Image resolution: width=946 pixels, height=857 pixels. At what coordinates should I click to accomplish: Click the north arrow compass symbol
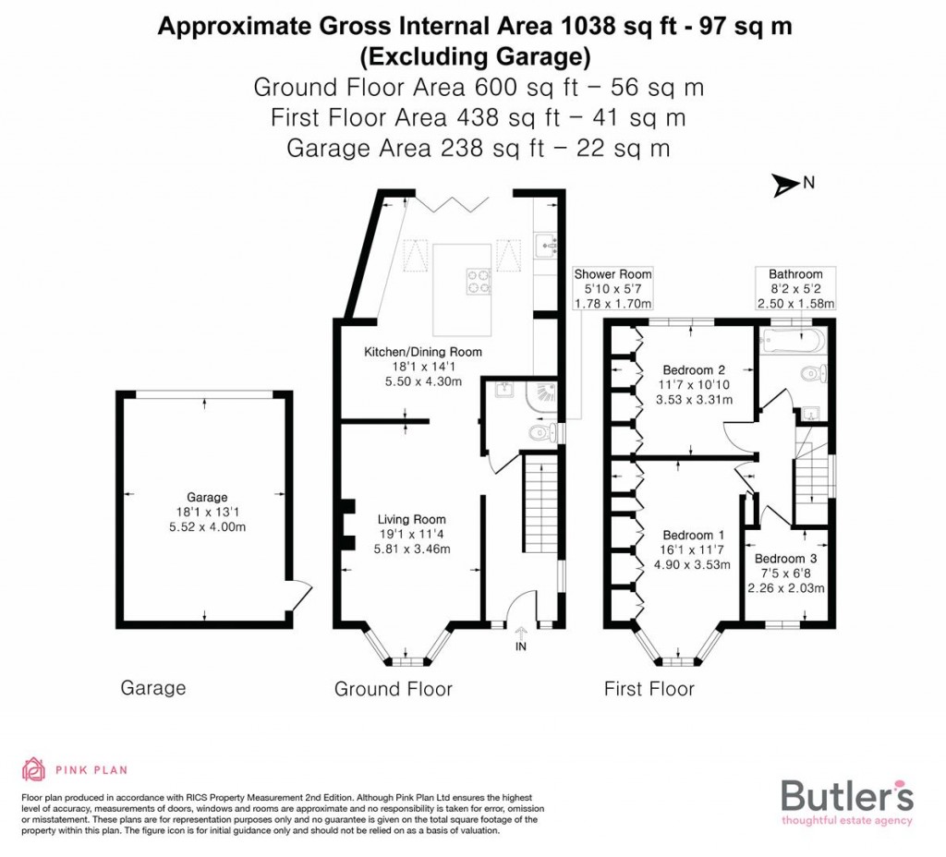787,185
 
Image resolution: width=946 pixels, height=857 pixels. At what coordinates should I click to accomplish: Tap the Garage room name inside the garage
205,497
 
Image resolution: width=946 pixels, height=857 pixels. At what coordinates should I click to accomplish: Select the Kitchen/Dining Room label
422,352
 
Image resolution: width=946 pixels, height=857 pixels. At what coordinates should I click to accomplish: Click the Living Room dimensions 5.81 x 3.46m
411,549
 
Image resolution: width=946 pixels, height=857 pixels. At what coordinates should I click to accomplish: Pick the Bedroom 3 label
785,559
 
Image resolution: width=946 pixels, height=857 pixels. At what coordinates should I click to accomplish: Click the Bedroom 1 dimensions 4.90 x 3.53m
694,565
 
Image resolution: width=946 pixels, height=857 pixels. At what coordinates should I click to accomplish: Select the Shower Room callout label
612,274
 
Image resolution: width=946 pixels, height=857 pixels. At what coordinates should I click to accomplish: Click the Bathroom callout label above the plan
795,274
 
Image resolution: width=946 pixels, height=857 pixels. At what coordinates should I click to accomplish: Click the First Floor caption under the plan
649,689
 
